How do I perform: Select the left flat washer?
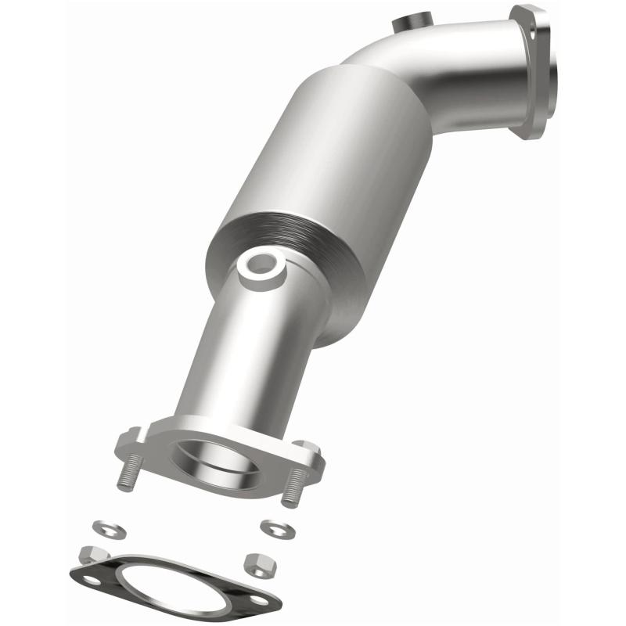[x=102, y=527]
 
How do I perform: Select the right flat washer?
[x=274, y=528]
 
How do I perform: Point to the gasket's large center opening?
[x=175, y=593]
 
